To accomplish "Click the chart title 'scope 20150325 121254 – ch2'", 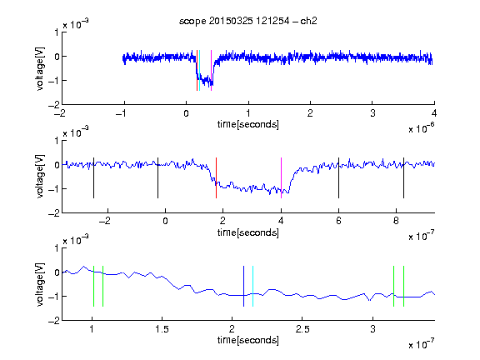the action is pos(248,21).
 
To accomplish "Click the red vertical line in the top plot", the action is pos(197,70).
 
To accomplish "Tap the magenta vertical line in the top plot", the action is pos(211,70).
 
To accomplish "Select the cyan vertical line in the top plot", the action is pos(200,70).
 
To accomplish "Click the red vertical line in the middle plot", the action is pos(216,177).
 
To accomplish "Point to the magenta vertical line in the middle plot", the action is pos(281,177).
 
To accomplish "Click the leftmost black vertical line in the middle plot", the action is pos(93,177).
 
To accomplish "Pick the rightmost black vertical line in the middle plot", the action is pos(403,177).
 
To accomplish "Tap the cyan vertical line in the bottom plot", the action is pos(252,286).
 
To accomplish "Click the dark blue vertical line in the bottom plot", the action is pos(243,286).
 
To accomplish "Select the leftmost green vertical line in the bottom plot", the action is pos(93,286).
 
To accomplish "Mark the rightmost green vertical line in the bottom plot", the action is pos(404,286).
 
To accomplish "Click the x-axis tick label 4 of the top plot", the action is pos(434,113).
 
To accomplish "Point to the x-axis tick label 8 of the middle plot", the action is pos(396,221).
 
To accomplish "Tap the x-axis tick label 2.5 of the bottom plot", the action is pos(302,329).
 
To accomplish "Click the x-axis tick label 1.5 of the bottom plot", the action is pos(162,329).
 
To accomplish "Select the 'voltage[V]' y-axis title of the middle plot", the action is pos(40,177).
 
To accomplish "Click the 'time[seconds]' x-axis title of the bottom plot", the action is pos(248,340).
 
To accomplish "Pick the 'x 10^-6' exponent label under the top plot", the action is pos(422,128).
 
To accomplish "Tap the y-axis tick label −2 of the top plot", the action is pos(54,105).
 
